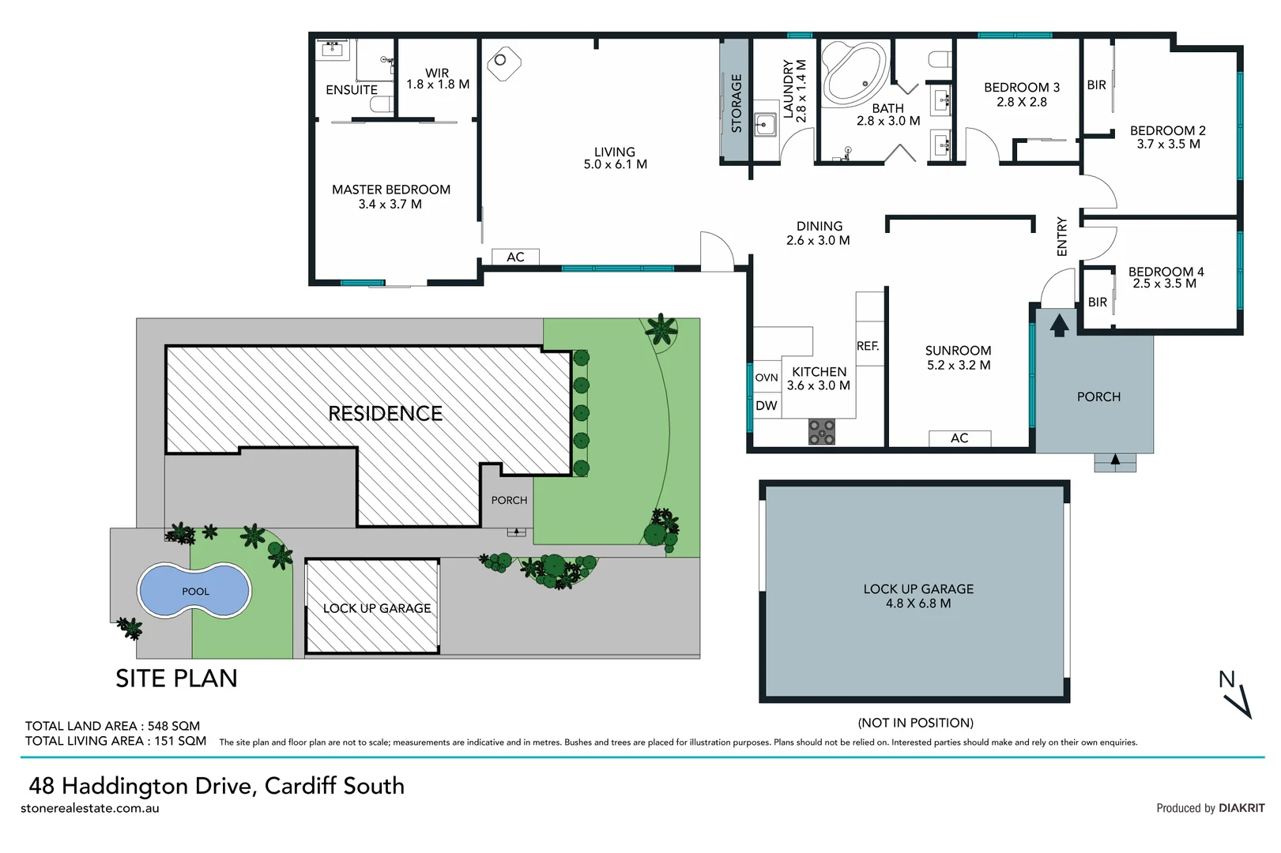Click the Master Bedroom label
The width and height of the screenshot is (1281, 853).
click(390, 197)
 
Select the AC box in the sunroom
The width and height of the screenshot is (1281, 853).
click(959, 438)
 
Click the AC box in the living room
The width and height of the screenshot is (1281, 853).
click(515, 257)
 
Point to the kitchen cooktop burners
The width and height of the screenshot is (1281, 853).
click(822, 432)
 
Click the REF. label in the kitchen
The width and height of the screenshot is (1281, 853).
click(868, 346)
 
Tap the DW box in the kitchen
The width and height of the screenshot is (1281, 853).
click(766, 406)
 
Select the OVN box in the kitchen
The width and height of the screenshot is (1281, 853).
click(766, 378)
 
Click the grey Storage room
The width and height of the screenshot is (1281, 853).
click(735, 101)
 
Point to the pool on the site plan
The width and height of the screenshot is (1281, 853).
click(194, 591)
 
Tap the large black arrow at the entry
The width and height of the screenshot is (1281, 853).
click(1059, 324)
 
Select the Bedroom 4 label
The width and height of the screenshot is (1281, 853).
click(1165, 277)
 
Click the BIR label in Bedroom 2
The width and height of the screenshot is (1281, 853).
click(1096, 85)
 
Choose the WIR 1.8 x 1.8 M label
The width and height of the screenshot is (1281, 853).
click(437, 78)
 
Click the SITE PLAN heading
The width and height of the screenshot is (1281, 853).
click(176, 678)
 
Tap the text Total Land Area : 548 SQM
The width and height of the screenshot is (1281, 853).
click(112, 726)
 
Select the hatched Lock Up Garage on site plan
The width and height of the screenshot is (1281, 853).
click(372, 607)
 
